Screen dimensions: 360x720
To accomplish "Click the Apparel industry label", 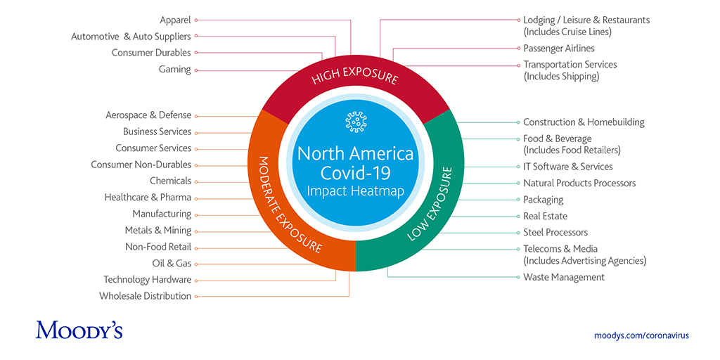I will tap(175, 20).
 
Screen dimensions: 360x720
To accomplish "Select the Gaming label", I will tap(174, 70).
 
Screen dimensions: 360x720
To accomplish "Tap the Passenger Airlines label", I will tap(558, 49).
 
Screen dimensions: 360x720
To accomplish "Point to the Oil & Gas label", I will tap(172, 264).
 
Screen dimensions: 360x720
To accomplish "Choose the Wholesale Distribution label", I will tap(145, 296).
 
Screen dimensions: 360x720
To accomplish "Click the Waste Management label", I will tap(563, 277).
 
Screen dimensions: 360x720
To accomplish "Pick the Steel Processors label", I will tap(555, 232).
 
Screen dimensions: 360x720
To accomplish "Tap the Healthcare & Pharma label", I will tap(148, 198).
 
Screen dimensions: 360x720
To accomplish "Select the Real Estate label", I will tap(545, 216).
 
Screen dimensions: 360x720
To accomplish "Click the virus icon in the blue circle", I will tap(356, 122).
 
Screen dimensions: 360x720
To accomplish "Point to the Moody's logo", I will tap(79, 330).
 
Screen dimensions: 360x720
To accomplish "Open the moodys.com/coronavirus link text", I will tap(641, 335).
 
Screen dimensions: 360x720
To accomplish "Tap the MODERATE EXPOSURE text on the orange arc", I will tap(289, 204).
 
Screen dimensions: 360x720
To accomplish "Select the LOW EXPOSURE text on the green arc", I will tap(431, 204).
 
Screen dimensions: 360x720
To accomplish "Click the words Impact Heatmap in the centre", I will tap(356, 191).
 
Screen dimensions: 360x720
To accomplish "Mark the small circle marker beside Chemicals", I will tap(196, 181).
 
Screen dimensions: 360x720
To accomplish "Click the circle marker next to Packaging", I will tap(517, 200).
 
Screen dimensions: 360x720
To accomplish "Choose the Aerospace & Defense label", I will tap(148, 115).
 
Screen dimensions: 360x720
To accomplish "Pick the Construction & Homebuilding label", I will tap(584, 122).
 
